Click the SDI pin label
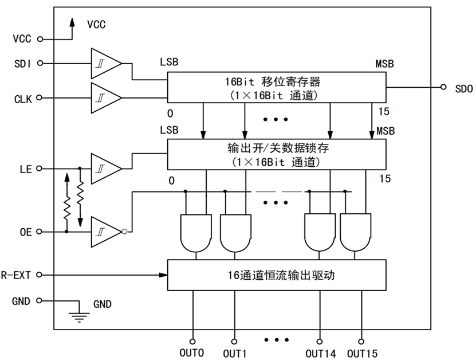point(22,64)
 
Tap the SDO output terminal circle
point(443,87)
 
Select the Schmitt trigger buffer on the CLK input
point(107,98)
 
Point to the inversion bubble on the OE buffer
point(124,232)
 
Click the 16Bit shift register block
point(277,88)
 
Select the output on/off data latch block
point(277,154)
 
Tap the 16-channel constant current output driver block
point(277,275)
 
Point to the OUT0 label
point(191,353)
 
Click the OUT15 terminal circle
point(361,342)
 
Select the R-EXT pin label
point(16,275)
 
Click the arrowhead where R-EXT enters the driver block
point(163,275)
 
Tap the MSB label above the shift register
point(384,64)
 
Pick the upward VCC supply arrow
point(72,29)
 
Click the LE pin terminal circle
point(39,169)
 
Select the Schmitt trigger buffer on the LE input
point(107,169)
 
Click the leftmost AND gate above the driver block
point(196,233)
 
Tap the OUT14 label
point(321,354)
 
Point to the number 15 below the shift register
point(384,111)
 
